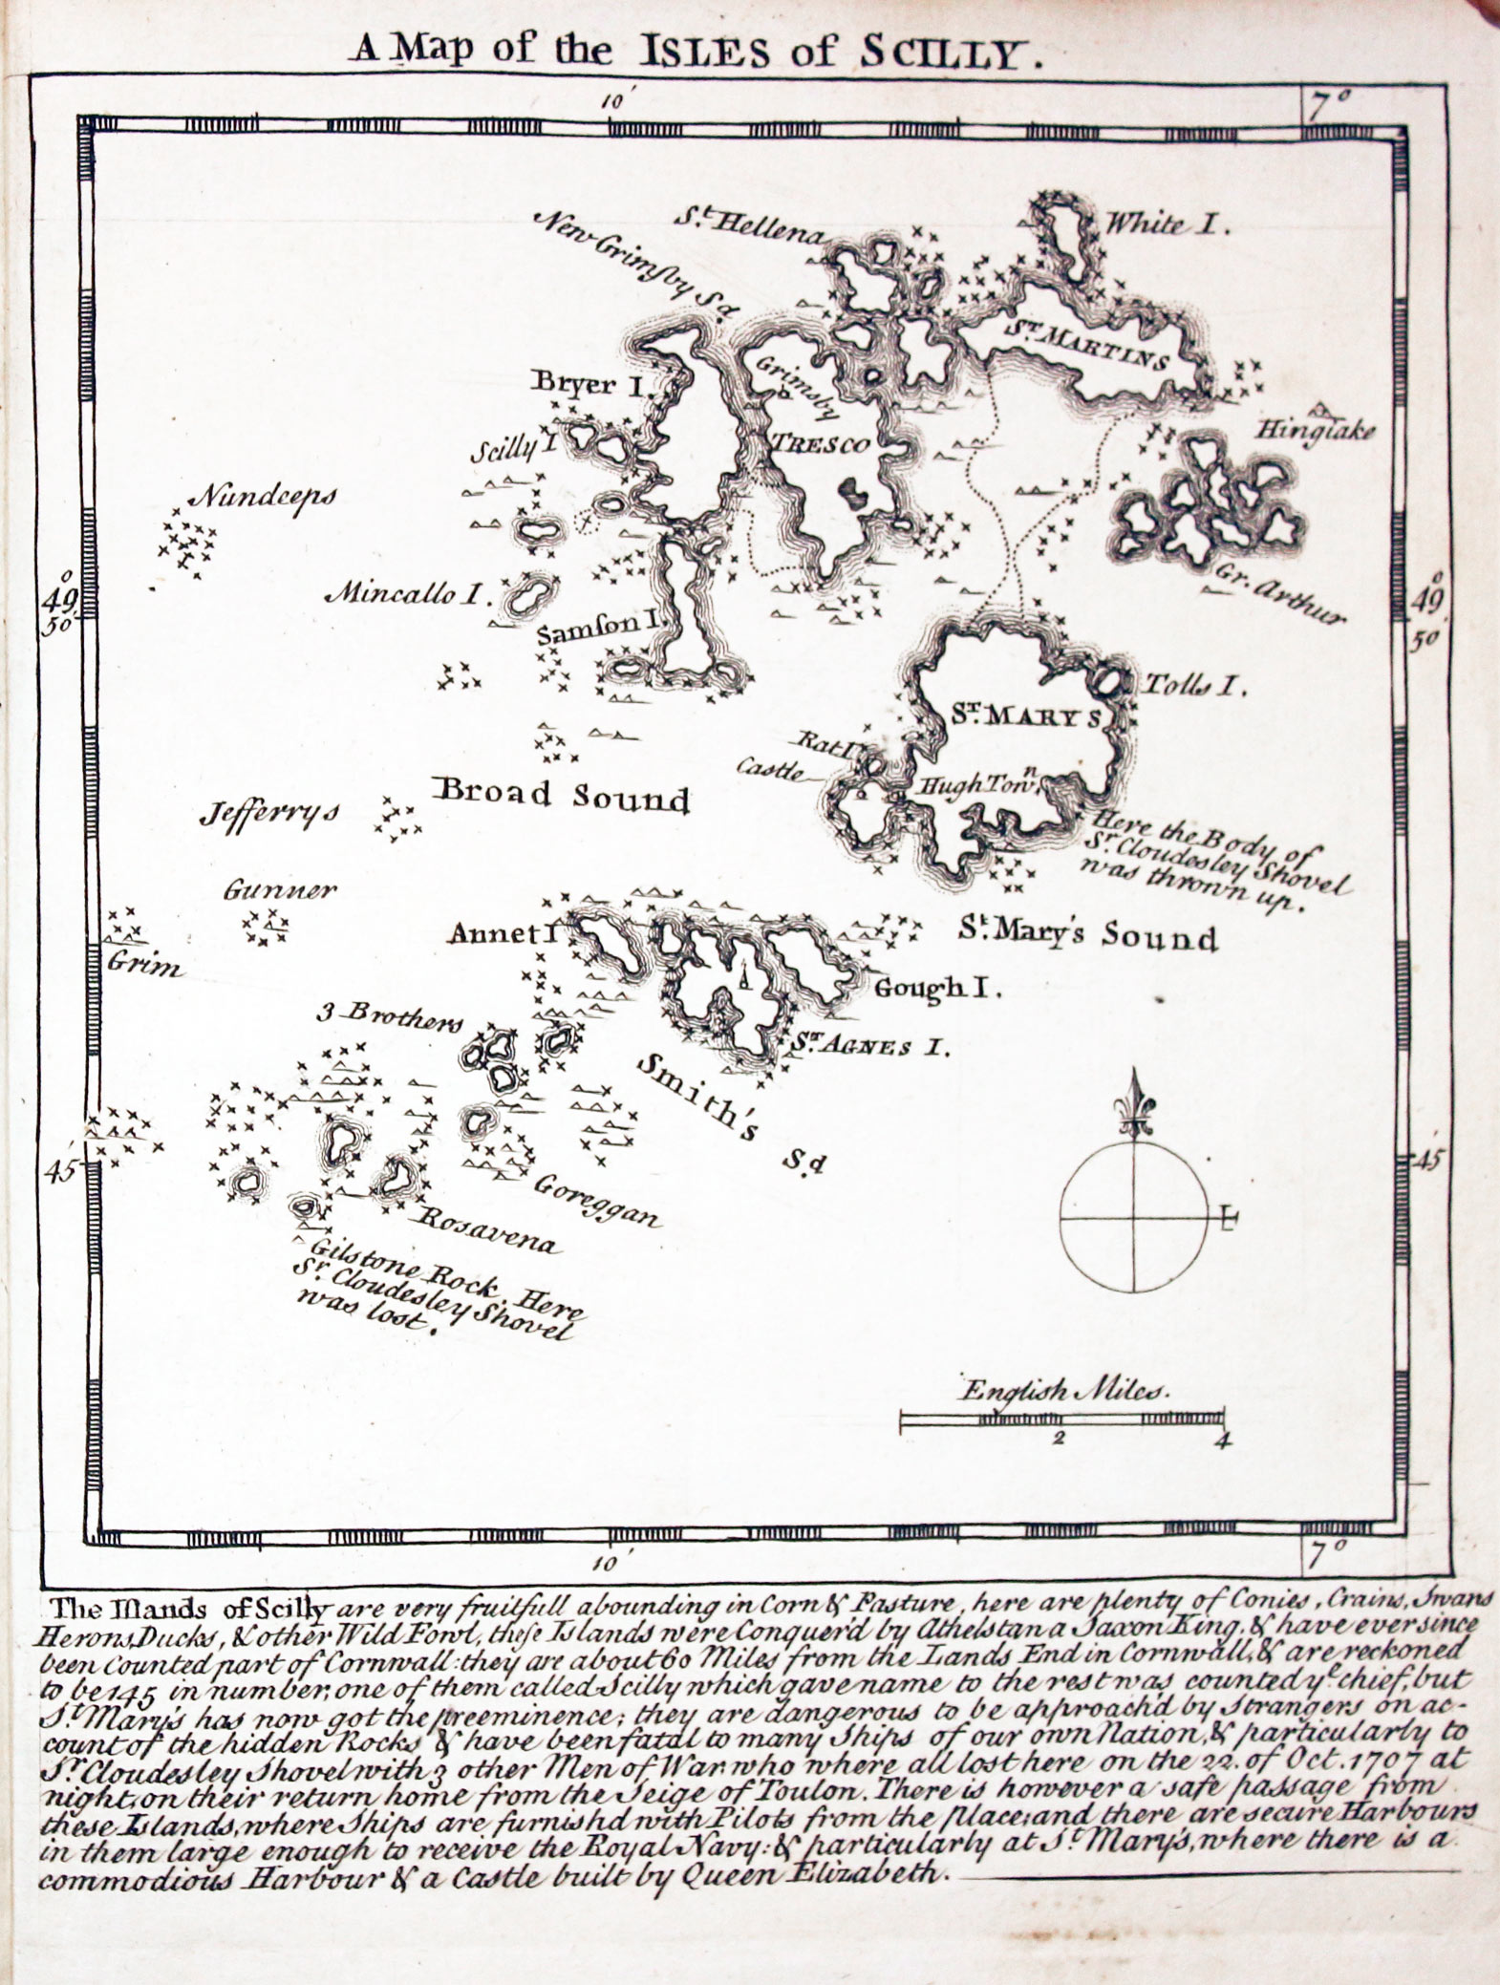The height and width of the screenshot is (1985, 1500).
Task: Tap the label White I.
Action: click(1167, 225)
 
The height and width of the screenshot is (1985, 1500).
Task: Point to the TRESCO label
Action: click(821, 444)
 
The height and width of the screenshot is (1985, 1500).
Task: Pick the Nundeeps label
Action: click(264, 498)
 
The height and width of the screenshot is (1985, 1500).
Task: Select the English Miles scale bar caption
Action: click(1066, 1390)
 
